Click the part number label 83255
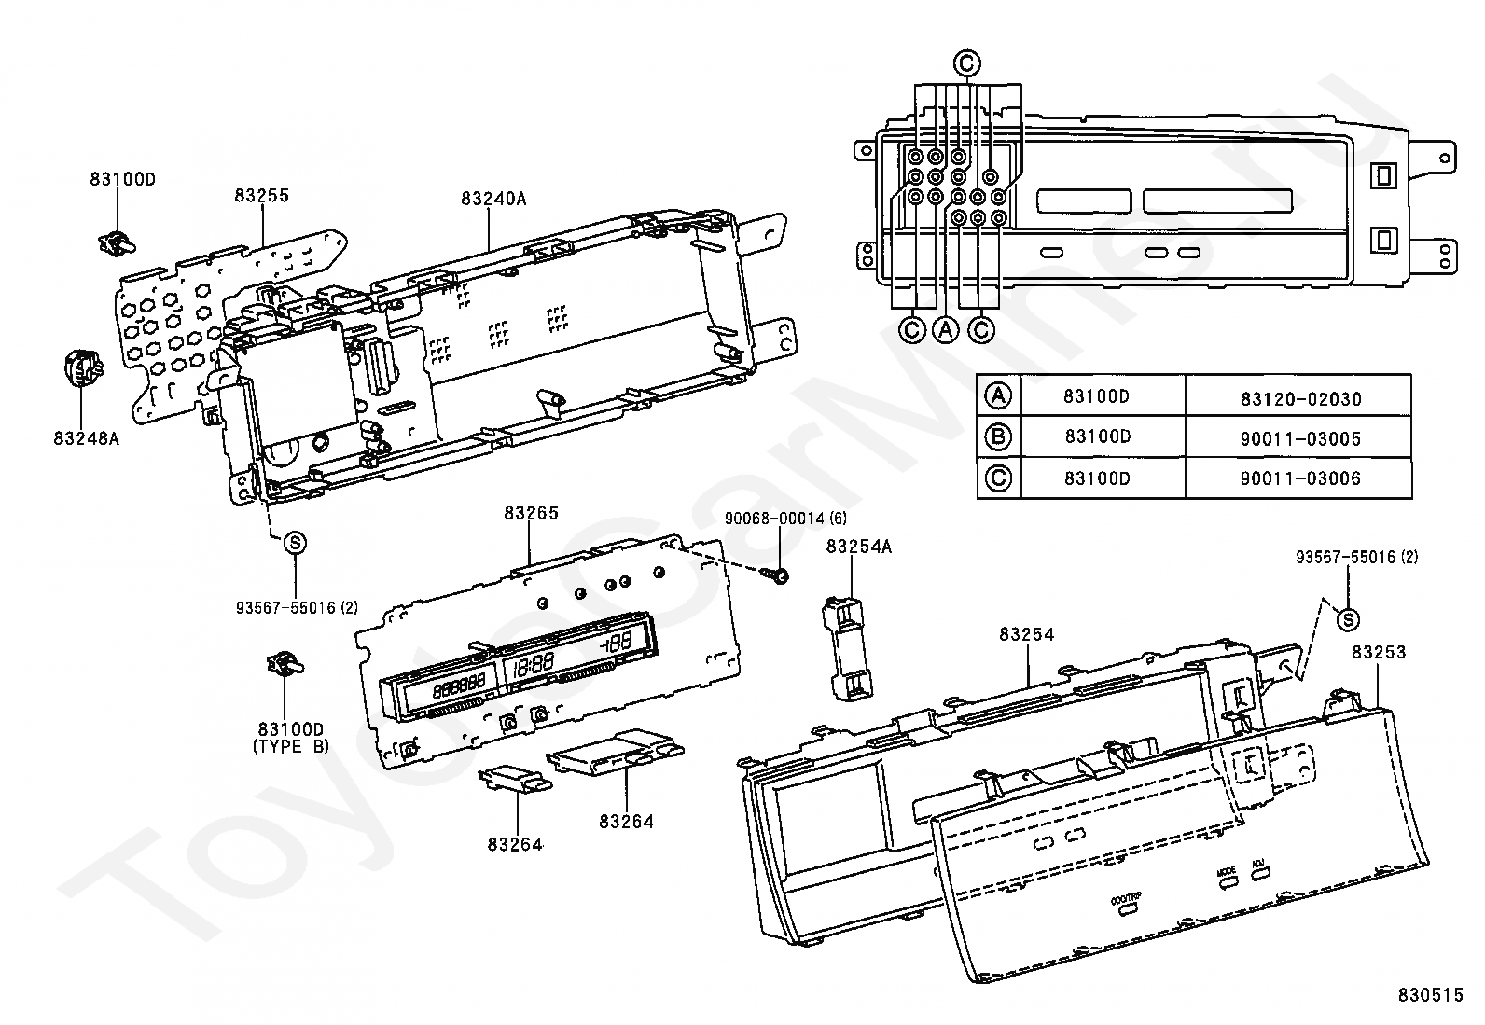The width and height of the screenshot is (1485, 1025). (x=261, y=196)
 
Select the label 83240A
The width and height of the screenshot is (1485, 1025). (x=493, y=199)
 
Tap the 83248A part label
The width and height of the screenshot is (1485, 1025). (x=86, y=436)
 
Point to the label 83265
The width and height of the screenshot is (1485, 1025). (x=531, y=513)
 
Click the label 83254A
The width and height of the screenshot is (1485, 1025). (x=858, y=547)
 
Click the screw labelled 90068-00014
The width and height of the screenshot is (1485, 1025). (x=776, y=576)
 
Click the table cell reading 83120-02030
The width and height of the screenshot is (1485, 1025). (x=1300, y=399)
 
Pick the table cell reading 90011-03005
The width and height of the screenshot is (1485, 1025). (x=1300, y=439)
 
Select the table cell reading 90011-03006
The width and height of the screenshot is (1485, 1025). (x=1300, y=479)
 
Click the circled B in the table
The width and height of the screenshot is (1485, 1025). (x=998, y=437)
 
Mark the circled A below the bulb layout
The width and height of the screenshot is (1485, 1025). (x=946, y=329)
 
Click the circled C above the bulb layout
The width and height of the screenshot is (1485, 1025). (x=966, y=63)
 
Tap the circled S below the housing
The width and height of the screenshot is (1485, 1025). (x=294, y=543)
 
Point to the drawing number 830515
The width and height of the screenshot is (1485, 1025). (x=1430, y=996)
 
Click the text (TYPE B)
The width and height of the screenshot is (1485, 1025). (x=291, y=747)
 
